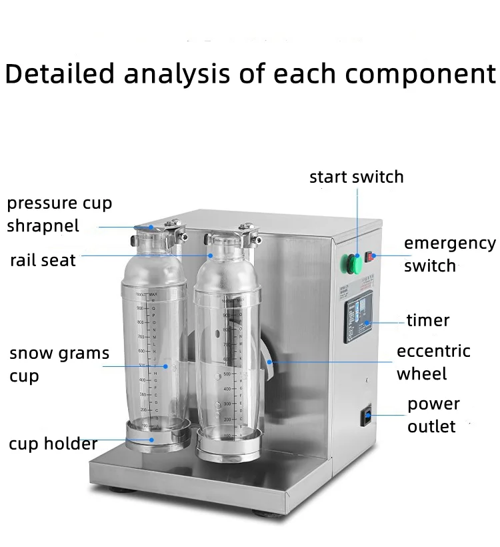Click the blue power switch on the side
[x=365, y=418]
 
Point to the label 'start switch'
[x=356, y=177]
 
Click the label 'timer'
[x=428, y=320]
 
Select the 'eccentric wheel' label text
[x=433, y=362]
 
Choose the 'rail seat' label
[x=43, y=260]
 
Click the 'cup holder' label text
[x=53, y=444]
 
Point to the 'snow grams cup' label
[x=59, y=364]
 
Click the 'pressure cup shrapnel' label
[x=59, y=214]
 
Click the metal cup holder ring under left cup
[x=155, y=440]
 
